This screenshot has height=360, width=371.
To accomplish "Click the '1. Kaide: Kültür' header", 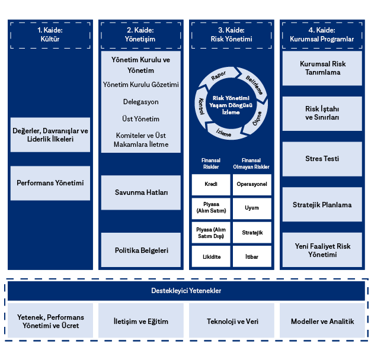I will [x=50, y=34].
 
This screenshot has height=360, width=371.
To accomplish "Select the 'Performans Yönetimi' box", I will [x=50, y=183].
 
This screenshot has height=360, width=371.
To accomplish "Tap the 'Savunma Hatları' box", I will [x=141, y=192].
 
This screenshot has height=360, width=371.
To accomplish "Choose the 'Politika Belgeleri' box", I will [x=141, y=250].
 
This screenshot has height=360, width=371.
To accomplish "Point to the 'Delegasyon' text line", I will [x=141, y=102].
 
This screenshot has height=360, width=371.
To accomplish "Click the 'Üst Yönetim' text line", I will [x=141, y=119].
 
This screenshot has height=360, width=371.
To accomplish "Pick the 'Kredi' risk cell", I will [x=211, y=184].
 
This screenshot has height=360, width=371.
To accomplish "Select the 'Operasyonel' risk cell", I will [x=252, y=184].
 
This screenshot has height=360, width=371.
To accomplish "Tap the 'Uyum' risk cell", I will [x=252, y=208].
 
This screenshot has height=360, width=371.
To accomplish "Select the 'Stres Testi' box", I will [x=322, y=159].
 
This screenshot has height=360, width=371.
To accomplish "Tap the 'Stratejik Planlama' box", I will [x=322, y=205].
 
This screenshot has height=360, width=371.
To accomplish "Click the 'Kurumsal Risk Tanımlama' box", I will [x=322, y=68].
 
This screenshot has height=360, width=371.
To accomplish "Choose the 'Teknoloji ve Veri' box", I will [x=232, y=322].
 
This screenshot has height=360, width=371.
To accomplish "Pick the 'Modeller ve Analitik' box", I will [x=322, y=322].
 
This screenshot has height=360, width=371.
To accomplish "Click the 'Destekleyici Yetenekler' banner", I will [x=185, y=291].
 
